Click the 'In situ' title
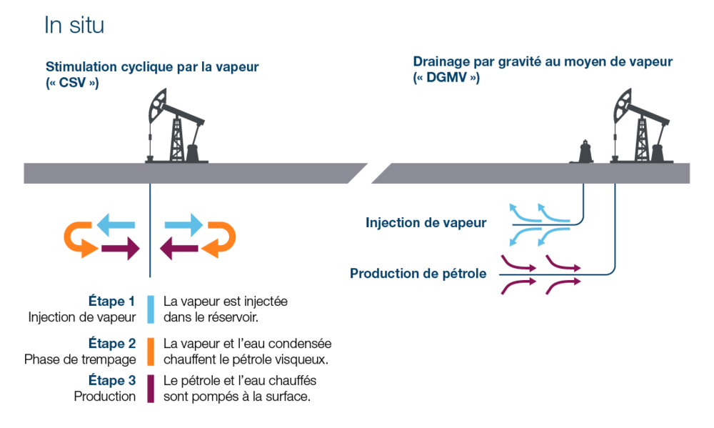(74, 26)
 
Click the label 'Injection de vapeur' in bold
(426, 223)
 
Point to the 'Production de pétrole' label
(418, 273)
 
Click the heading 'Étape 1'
(111, 302)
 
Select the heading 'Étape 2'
(111, 344)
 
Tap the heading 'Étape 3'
(111, 380)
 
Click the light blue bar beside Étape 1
(151, 309)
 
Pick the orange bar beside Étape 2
(151, 351)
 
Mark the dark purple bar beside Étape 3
(151, 388)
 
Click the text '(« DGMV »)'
(446, 78)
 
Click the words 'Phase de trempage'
(80, 359)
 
